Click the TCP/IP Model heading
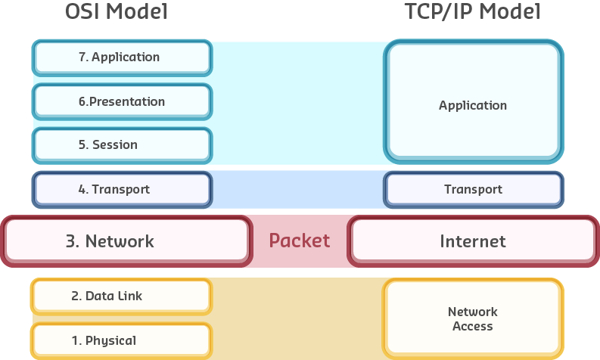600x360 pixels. click(x=474, y=12)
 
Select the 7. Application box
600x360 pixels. click(x=122, y=57)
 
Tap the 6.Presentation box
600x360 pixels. click(x=122, y=101)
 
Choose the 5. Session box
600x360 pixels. click(x=122, y=144)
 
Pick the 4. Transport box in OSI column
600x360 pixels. click(x=122, y=190)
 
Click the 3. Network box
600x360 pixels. click(x=126, y=241)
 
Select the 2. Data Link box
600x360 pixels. click(x=122, y=296)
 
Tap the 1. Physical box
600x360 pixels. click(x=122, y=340)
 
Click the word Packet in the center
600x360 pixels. click(x=300, y=241)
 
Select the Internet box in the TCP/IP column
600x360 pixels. click(x=473, y=241)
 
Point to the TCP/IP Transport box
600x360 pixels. click(x=473, y=190)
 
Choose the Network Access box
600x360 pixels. click(x=473, y=318)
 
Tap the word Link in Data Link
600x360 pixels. click(x=129, y=296)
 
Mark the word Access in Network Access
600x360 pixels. click(x=473, y=326)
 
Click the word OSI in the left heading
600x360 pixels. click(x=80, y=12)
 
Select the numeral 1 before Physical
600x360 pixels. click(x=75, y=340)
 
